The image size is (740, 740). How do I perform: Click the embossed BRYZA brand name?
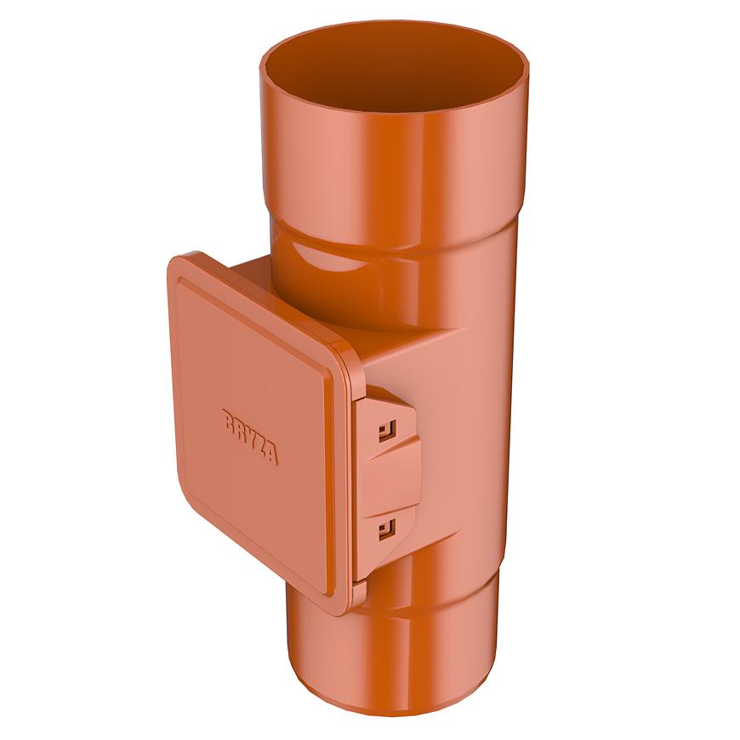(249, 436)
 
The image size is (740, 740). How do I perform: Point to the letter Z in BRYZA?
(259, 445)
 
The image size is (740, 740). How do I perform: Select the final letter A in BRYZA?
(270, 455)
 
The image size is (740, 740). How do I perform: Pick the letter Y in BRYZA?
(249, 436)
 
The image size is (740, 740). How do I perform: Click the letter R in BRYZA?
(239, 427)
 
